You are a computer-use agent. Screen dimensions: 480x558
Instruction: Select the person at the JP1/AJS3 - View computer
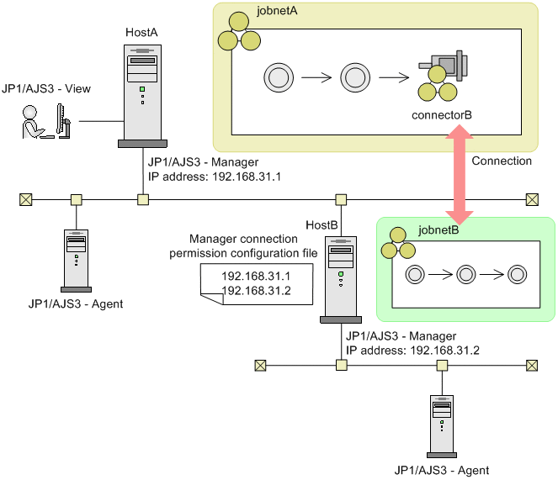[31, 122]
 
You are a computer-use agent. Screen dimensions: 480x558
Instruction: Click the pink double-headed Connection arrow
[459, 173]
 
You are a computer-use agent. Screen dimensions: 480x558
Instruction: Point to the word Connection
[502, 161]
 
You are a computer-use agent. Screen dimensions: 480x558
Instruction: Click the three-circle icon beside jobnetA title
[231, 37]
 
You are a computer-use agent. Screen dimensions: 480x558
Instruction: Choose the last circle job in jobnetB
[517, 274]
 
